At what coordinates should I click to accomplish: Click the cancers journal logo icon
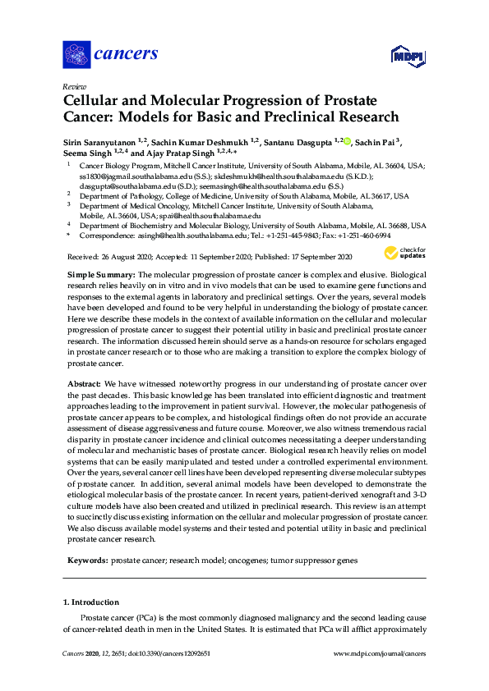(76, 54)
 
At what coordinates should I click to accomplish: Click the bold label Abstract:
(82, 384)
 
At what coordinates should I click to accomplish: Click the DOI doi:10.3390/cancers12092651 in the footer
(167, 653)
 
